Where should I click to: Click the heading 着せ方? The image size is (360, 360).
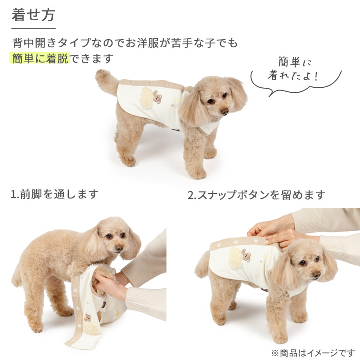tap(33, 15)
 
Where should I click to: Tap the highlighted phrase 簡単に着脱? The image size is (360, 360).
tap(40, 58)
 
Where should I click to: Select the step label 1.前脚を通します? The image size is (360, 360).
tap(54, 194)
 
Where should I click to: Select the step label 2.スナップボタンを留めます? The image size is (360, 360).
tap(256, 195)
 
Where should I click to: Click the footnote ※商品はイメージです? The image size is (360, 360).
tap(313, 353)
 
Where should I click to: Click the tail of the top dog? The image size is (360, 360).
tap(106, 81)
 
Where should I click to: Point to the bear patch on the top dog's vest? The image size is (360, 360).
tap(157, 97)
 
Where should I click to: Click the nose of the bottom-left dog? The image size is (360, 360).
tap(119, 248)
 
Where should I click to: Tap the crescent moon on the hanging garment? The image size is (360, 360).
tap(117, 312)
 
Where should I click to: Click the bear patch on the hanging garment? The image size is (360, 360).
tap(87, 318)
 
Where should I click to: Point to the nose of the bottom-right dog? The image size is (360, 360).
tap(317, 274)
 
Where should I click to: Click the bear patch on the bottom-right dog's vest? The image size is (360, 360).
tap(246, 255)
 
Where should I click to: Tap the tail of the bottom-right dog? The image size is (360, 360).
tap(202, 264)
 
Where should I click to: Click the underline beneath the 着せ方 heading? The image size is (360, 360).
tap(33, 28)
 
